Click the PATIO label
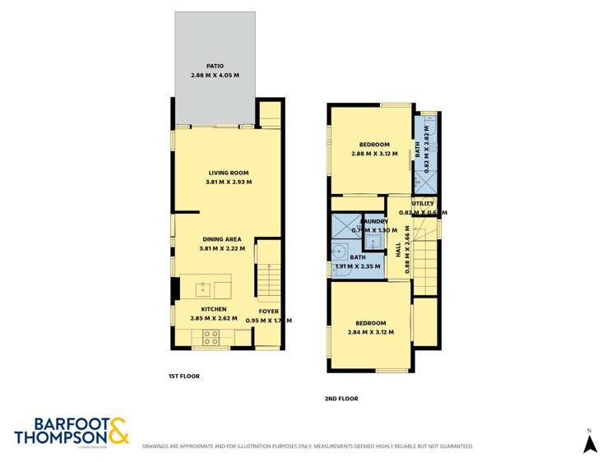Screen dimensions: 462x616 click(x=215, y=67)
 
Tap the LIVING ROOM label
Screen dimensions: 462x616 click(x=228, y=173)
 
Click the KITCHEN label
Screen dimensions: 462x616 click(x=213, y=310)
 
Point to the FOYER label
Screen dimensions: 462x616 click(x=269, y=311)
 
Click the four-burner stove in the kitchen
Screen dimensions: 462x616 click(x=210, y=336)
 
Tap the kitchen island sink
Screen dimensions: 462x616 click(x=202, y=288)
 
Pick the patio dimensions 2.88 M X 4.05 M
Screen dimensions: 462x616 click(x=215, y=76)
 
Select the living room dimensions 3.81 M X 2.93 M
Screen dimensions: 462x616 click(x=228, y=182)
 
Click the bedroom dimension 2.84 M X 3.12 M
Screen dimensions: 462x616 click(x=370, y=333)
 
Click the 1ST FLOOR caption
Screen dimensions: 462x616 click(x=183, y=376)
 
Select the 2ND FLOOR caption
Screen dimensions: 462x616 click(x=341, y=399)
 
